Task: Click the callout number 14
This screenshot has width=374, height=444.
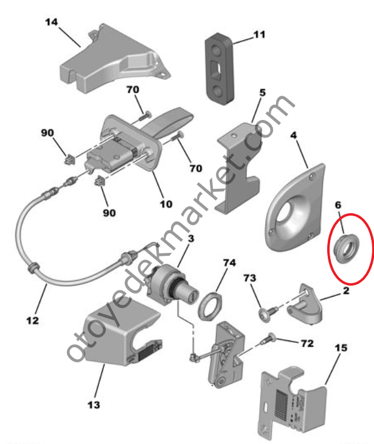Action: [x=52, y=22]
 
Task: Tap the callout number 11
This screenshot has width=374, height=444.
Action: [x=259, y=35]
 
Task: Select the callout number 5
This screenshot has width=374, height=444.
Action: [x=263, y=93]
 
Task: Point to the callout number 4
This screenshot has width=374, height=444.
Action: [x=294, y=135]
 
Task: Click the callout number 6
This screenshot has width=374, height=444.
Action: [x=338, y=205]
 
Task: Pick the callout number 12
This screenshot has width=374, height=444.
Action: [x=32, y=320]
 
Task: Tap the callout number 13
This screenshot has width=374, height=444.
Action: [x=94, y=404]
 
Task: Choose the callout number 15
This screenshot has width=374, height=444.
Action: [x=341, y=347]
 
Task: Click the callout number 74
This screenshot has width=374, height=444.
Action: [x=229, y=263]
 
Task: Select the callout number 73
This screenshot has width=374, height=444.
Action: [x=250, y=278]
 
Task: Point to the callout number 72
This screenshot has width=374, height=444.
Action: [x=307, y=344]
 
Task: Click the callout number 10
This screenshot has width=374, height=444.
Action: [x=166, y=204]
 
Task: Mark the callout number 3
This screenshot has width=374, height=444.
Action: [x=191, y=238]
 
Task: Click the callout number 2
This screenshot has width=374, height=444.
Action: [x=346, y=291]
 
